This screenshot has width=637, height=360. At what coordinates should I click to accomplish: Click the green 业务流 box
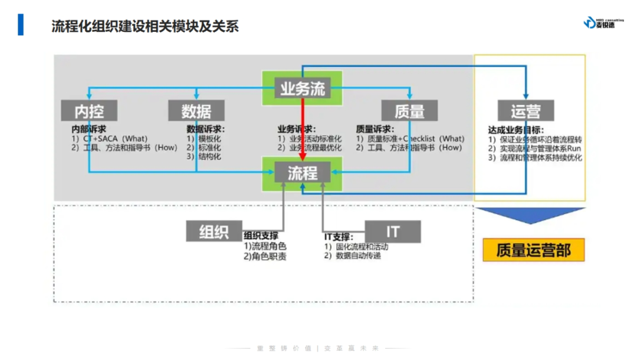click(302, 89)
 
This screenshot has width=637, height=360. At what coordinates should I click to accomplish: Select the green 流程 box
click(302, 173)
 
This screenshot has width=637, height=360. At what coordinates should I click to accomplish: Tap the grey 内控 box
click(89, 110)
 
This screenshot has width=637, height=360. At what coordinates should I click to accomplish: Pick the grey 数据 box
click(196, 110)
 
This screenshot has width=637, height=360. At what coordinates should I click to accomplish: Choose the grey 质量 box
click(409, 110)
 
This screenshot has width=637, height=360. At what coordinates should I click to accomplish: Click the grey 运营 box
click(524, 110)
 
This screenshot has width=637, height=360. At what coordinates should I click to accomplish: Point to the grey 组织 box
click(214, 231)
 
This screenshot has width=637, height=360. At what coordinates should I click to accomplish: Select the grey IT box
click(393, 231)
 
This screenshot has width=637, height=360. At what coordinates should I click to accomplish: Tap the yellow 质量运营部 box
click(533, 250)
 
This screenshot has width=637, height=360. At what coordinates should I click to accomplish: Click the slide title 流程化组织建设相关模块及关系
click(145, 26)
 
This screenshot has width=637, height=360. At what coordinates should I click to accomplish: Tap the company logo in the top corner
click(599, 22)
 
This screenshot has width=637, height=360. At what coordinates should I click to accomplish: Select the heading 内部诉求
click(88, 129)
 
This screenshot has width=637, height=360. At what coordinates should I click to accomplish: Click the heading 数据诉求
click(206, 129)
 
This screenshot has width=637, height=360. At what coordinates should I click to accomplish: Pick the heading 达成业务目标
click(515, 130)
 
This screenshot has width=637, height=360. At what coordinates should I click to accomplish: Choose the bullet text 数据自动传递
click(358, 256)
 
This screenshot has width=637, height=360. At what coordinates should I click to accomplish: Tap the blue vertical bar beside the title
click(21, 25)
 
